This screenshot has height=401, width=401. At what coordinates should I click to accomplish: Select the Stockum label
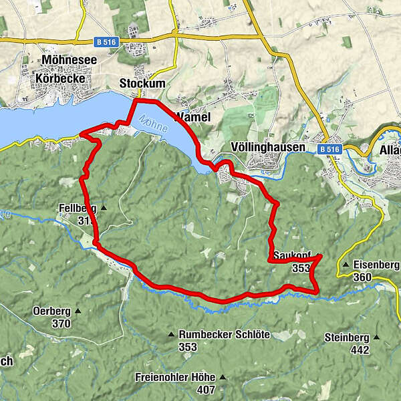(140, 84)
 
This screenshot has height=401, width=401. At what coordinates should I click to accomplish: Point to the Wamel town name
(192, 117)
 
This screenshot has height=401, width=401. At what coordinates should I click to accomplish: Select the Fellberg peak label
(78, 209)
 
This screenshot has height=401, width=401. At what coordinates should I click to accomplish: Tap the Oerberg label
(51, 311)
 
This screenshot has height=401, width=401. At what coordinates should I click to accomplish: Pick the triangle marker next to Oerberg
(78, 311)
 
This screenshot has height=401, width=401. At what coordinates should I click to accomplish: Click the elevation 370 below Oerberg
(61, 323)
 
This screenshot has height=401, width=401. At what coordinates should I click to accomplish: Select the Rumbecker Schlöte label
(225, 335)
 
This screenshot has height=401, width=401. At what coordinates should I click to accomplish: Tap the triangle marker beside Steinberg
(376, 338)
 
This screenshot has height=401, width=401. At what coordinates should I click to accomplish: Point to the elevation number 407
(206, 390)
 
